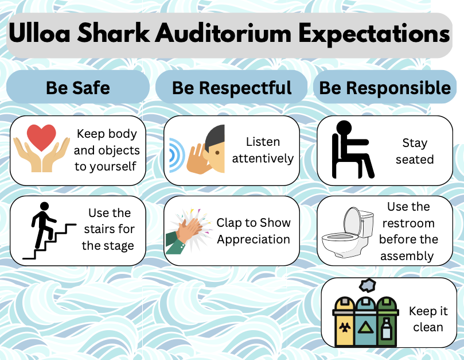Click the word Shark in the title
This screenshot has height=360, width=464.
(x=114, y=33)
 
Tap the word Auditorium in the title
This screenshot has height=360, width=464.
(x=224, y=33)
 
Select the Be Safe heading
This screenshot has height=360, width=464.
(x=78, y=88)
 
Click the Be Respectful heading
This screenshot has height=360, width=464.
(x=232, y=88)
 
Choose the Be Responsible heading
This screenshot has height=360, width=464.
(x=385, y=88)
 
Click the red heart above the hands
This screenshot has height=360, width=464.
(x=41, y=137)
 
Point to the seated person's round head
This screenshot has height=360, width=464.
(x=344, y=128)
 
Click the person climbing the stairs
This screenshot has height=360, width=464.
(x=43, y=224)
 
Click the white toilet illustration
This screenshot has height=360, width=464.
(x=347, y=232)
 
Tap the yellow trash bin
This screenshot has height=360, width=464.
(x=344, y=322)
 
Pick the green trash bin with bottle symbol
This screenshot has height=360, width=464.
(x=387, y=322)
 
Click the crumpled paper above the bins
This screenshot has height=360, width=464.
(x=368, y=285)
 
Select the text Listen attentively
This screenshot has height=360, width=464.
(x=263, y=150)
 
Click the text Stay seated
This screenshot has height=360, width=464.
(x=415, y=151)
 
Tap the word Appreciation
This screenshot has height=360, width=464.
(x=254, y=239)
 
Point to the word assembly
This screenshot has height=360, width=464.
(x=407, y=256)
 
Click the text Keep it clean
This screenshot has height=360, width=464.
(x=428, y=319)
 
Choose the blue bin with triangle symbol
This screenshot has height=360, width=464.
(x=365, y=322)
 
